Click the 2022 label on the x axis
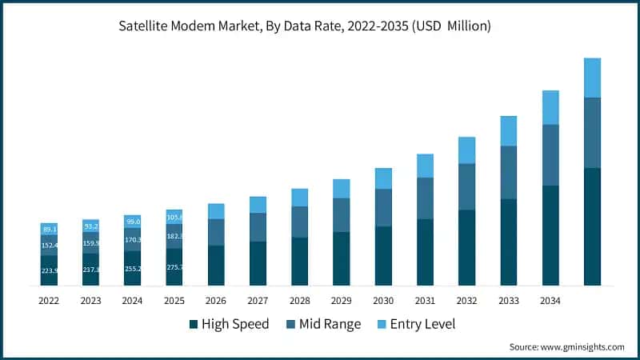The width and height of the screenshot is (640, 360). click(x=49, y=302)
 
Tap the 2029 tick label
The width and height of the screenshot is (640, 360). click(x=342, y=302)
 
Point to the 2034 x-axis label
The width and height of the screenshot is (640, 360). click(x=550, y=302)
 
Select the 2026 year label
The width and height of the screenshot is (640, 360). click(x=216, y=302)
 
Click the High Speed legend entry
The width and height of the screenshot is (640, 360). click(x=229, y=324)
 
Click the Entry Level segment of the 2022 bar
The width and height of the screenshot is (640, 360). click(x=50, y=229)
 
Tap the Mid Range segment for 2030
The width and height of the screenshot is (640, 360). click(x=384, y=207)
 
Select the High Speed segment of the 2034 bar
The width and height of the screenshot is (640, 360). click(x=550, y=235)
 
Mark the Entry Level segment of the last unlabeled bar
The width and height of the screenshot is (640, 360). click(x=593, y=78)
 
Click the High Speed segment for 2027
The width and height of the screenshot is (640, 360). click(x=258, y=263)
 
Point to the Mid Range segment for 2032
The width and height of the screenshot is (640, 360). click(x=467, y=186)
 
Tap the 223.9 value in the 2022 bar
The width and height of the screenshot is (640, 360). click(x=50, y=270)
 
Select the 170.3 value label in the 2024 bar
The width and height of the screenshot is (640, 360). click(x=133, y=239)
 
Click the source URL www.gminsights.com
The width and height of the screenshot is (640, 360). click(x=581, y=346)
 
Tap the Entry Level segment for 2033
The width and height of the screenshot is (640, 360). click(x=509, y=130)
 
